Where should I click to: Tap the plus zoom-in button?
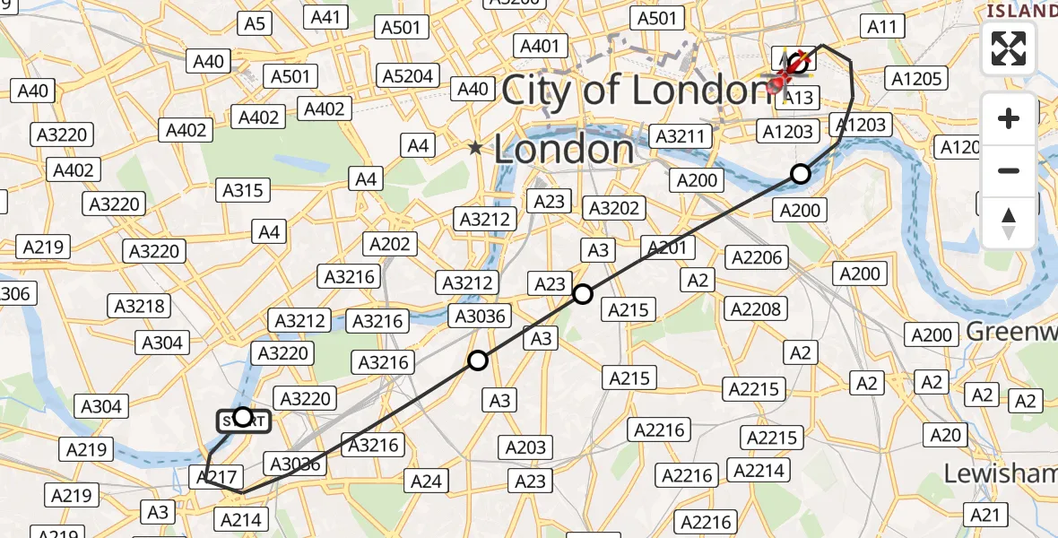[1009, 118]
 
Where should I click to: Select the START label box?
[243, 420]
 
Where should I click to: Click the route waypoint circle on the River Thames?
[800, 174]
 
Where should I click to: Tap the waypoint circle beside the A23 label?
[583, 293]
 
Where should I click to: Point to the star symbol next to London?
[475, 147]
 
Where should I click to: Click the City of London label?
[637, 91]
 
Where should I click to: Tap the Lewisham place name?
[1001, 473]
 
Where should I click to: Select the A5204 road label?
[408, 76]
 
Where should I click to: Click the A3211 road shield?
[682, 136]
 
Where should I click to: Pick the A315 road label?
[242, 190]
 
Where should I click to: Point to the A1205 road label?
[916, 79]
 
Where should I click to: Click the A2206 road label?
[757, 257]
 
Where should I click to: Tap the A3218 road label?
[139, 306]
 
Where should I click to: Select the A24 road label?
[427, 482]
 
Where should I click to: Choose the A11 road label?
[882, 27]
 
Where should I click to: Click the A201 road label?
[665, 248]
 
